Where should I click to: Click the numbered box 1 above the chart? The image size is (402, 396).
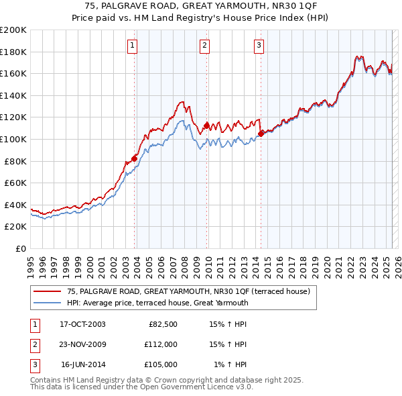133,46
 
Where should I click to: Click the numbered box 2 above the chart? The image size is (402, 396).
204,46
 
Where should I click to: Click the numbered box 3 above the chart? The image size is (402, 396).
259,46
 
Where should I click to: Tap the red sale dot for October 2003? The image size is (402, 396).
135,158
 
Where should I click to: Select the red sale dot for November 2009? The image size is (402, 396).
207,126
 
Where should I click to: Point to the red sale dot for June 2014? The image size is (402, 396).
261,133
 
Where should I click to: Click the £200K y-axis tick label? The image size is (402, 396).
13,30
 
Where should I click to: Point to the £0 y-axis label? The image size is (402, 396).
21,248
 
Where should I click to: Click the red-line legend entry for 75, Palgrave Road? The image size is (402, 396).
188,292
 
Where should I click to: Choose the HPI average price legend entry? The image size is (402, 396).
157,303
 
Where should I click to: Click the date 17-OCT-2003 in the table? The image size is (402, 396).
82,324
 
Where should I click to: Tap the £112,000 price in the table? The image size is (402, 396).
160,344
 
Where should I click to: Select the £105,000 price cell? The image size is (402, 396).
160,364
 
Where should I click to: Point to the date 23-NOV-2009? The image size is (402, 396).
82,344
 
